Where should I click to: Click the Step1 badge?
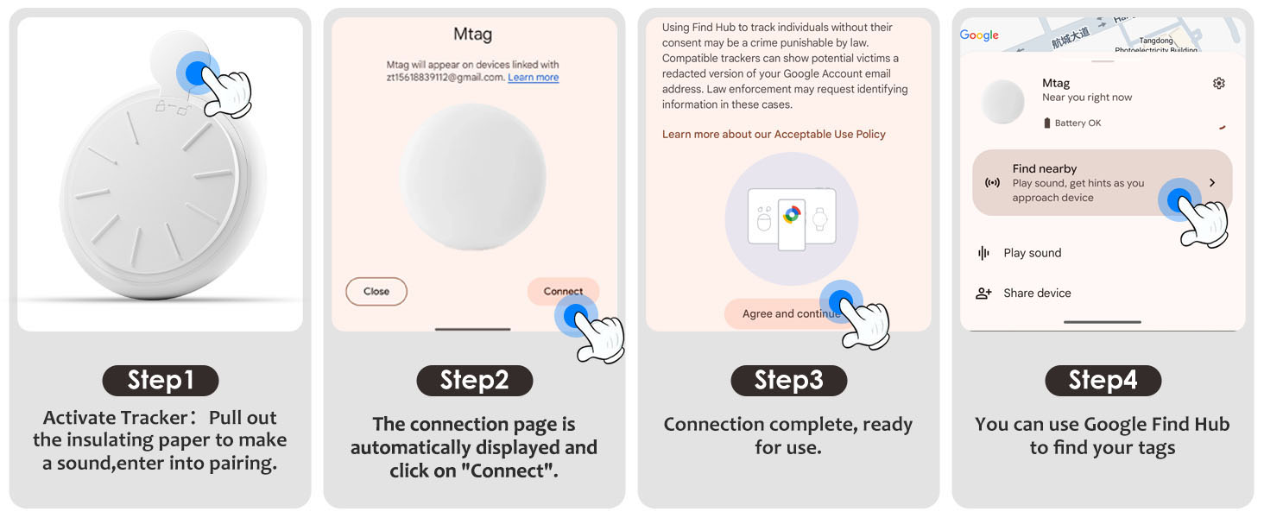click(161, 381)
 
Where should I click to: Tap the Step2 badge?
click(475, 381)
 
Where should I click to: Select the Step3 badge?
click(789, 381)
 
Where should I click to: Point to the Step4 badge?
click(1103, 381)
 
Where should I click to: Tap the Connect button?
click(563, 292)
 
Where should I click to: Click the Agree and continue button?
click(791, 313)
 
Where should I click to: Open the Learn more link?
click(533, 78)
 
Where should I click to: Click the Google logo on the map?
click(979, 35)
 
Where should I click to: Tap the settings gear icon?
click(1219, 84)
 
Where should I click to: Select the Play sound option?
click(1032, 253)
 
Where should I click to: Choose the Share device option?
click(1037, 294)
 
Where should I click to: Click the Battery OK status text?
click(1078, 123)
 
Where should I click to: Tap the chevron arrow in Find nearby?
click(1212, 183)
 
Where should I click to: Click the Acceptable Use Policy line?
click(774, 135)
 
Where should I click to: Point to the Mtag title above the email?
click(473, 35)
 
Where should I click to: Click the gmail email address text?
click(445, 78)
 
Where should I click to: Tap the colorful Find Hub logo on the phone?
click(792, 214)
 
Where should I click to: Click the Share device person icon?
click(983, 294)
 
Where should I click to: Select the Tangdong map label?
click(1156, 41)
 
